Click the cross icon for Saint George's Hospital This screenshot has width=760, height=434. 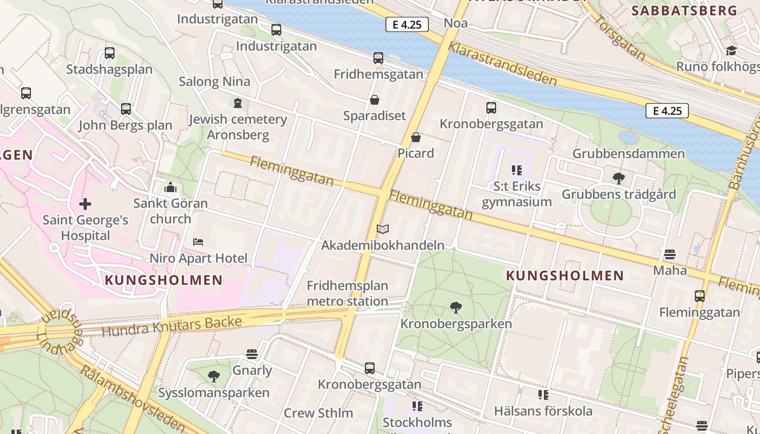pyautogui.click(x=85, y=204)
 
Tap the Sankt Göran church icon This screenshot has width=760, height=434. pyautogui.click(x=170, y=188)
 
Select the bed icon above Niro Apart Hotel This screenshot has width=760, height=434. pyautogui.click(x=198, y=242)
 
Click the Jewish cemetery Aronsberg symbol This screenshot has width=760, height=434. pyautogui.click(x=237, y=103)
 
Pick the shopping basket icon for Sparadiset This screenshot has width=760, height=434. pyautogui.click(x=374, y=100)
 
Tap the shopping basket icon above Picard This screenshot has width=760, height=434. pyautogui.click(x=416, y=137)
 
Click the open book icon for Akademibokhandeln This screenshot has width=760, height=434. pyautogui.click(x=383, y=229)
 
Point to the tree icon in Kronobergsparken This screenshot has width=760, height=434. pyautogui.click(x=456, y=308)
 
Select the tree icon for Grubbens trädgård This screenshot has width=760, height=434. pyautogui.click(x=618, y=178)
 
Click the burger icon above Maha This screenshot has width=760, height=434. pyautogui.click(x=670, y=254)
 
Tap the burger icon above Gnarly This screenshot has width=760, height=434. pyautogui.click(x=251, y=354)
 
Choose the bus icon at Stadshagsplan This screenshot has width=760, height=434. pyautogui.click(x=110, y=53)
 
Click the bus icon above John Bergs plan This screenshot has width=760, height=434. pyautogui.click(x=126, y=109)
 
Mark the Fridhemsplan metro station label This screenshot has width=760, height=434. pyautogui.click(x=347, y=293)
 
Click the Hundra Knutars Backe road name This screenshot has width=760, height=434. pyautogui.click(x=172, y=327)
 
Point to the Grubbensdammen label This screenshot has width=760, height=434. pyautogui.click(x=629, y=154)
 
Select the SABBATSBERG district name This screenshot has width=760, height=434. pyautogui.click(x=684, y=10)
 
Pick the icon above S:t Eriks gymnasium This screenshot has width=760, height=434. pyautogui.click(x=516, y=170)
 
